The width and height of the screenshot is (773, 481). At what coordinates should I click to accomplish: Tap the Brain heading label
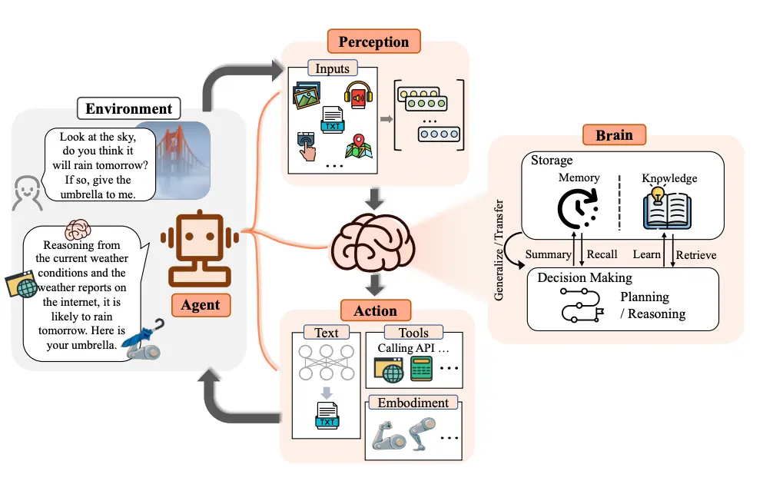click(614, 135)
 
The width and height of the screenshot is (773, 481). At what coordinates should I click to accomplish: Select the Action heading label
click(375, 311)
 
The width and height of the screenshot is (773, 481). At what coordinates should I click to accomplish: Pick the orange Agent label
click(200, 305)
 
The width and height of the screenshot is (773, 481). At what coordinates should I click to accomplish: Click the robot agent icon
click(200, 244)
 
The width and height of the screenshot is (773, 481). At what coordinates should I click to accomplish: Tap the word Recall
click(602, 254)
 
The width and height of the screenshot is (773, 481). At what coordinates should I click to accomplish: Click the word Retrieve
click(696, 254)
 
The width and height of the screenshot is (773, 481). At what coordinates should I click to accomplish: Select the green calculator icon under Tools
click(421, 370)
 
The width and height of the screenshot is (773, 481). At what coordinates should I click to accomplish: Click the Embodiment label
click(413, 402)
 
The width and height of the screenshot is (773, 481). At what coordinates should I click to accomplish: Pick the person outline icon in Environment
click(28, 192)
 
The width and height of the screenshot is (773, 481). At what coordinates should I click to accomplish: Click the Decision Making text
click(585, 277)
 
